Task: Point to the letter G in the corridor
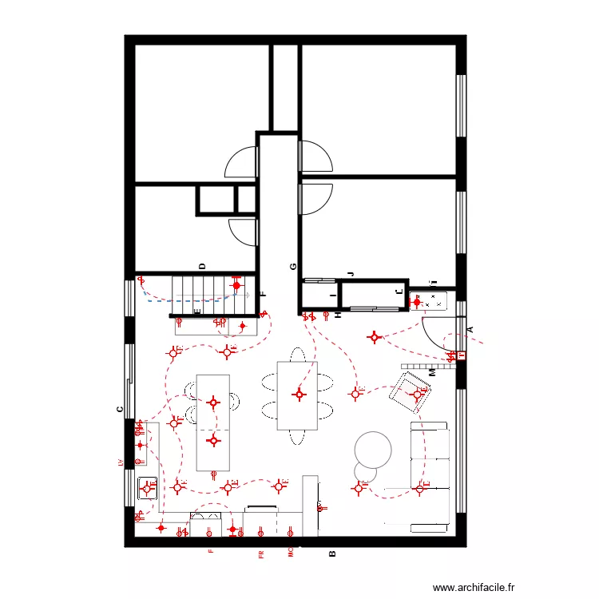point(293,267)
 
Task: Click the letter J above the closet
point(349,275)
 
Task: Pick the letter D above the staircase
point(202,267)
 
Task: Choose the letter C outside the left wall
point(119,411)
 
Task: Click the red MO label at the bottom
point(291,552)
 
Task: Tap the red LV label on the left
point(120,462)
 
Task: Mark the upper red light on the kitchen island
point(213,402)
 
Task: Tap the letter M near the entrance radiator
point(432,373)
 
